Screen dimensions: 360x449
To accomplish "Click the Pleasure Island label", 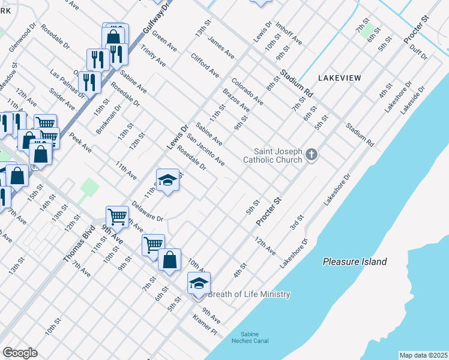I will tap(354, 262).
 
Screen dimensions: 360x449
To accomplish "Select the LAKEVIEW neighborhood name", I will tap(339, 78).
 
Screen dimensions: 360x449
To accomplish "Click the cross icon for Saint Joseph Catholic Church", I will tap(311, 155).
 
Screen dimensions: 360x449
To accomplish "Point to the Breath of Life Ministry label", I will tap(249, 294).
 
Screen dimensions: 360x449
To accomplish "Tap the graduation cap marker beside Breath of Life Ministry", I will tap(199, 283).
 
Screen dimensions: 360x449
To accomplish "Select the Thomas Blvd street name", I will tap(80, 244).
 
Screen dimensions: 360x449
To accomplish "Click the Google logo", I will tap(20, 352).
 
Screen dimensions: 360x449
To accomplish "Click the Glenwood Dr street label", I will tap(23, 37).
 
